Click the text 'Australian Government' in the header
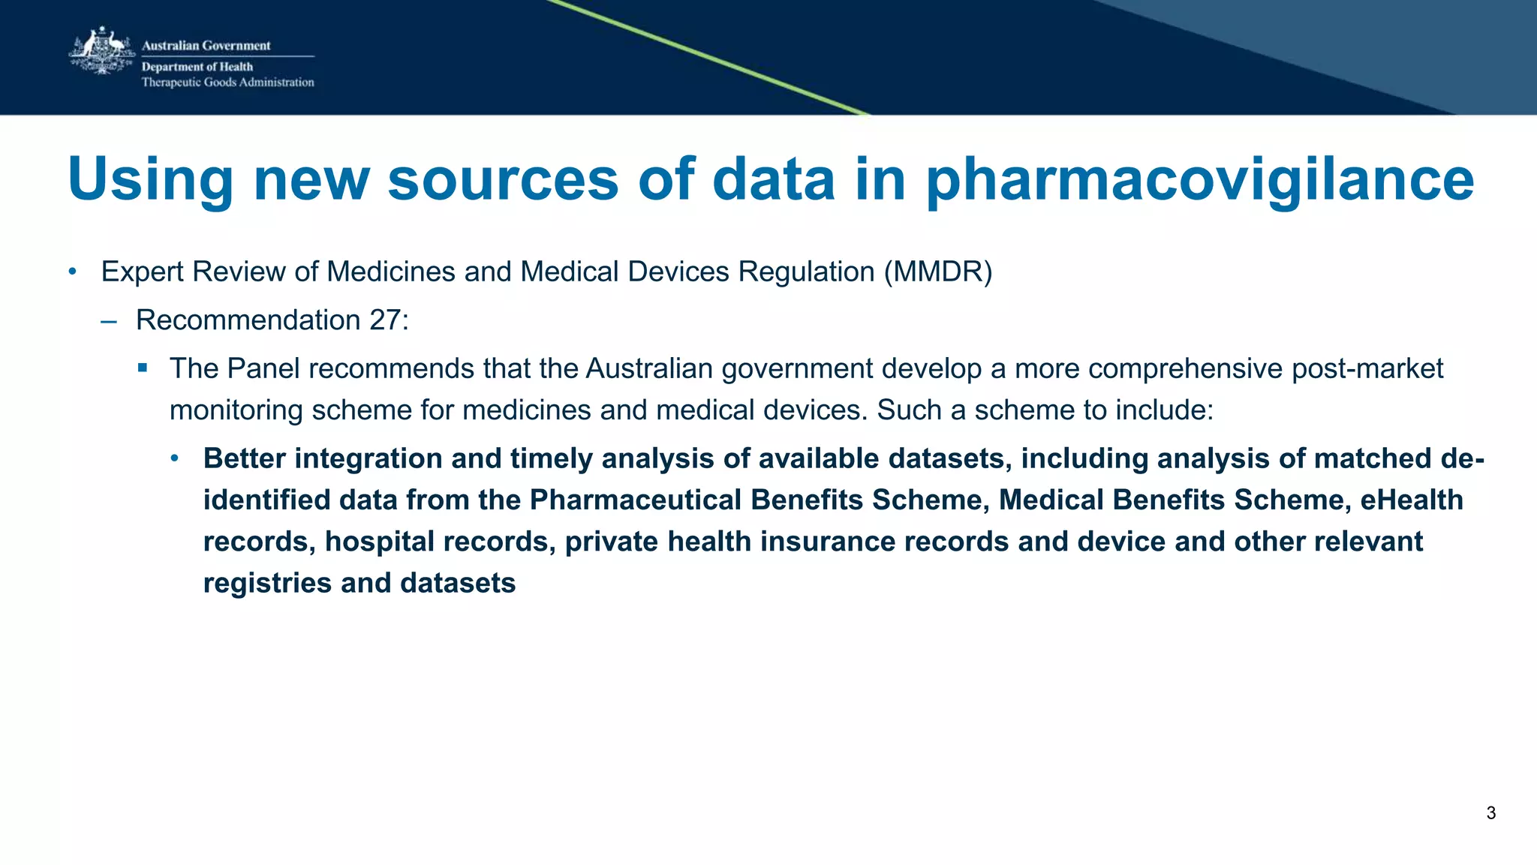(206, 46)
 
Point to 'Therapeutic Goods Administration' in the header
(227, 83)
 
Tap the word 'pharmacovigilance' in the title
(1199, 181)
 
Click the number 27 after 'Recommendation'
(384, 320)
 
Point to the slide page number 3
(1490, 813)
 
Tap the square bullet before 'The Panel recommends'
(143, 368)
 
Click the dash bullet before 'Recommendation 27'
(109, 321)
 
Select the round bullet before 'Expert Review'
(72, 272)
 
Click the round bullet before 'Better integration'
(175, 458)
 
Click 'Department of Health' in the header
(197, 67)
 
